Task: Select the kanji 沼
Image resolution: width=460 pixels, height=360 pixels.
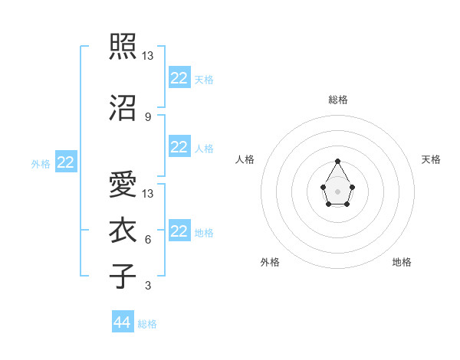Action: click(123, 108)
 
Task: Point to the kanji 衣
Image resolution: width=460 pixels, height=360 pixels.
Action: click(123, 230)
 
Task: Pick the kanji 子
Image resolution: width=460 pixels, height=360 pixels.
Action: click(123, 276)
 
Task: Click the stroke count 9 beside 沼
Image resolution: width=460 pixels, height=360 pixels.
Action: click(147, 116)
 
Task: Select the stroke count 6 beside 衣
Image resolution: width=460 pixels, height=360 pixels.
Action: click(147, 240)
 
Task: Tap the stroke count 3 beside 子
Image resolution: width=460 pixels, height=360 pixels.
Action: click(147, 286)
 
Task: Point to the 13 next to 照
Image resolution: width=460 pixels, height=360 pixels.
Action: click(149, 55)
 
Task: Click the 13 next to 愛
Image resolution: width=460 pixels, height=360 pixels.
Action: click(149, 193)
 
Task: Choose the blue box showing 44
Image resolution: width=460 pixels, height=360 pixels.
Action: click(123, 322)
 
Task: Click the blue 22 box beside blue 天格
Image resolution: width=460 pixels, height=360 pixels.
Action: click(179, 78)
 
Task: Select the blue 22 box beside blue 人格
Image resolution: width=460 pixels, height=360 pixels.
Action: click(179, 147)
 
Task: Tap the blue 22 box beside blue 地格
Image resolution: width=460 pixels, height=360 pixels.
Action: click(179, 231)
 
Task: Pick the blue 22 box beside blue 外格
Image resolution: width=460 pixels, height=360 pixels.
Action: click(66, 162)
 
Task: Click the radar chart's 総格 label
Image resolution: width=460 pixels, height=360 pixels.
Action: click(337, 100)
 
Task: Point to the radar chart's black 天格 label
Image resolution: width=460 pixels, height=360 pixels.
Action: click(431, 159)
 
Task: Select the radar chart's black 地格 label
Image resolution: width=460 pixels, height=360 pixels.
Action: click(402, 262)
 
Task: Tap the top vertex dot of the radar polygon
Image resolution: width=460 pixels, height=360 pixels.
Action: click(337, 161)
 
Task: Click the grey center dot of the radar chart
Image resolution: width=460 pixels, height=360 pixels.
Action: click(337, 190)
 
